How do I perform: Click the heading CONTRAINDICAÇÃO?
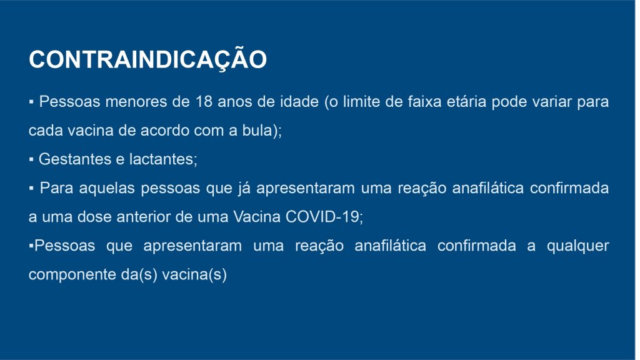click(147, 59)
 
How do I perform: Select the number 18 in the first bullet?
click(204, 102)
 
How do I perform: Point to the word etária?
click(466, 102)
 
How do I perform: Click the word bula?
click(256, 130)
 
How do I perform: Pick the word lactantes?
click(163, 159)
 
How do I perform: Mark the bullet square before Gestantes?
click(31, 159)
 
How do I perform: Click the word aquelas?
click(107, 188)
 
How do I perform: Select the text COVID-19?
click(324, 217)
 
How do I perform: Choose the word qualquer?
click(578, 246)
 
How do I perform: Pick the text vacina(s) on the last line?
click(194, 275)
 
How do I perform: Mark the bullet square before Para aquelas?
click(31, 189)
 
